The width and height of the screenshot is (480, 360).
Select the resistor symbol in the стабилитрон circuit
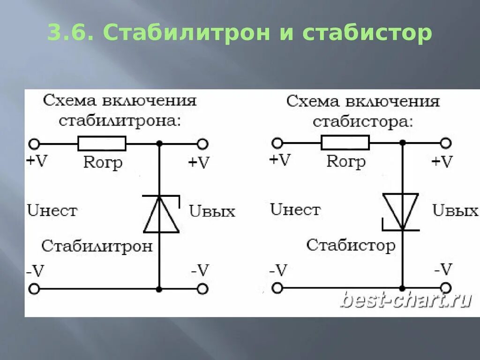pos(102,143)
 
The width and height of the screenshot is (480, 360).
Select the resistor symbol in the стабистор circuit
pos(345,142)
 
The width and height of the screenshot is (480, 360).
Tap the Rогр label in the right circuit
pos(346,161)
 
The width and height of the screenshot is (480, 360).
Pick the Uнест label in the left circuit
pos(52,210)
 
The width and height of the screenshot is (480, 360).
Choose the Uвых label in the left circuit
pos(212,211)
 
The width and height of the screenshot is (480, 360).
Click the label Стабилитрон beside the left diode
pos(97,246)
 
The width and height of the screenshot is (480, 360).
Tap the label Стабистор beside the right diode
pos(351,245)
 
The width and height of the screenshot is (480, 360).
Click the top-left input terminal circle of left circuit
pos(34,143)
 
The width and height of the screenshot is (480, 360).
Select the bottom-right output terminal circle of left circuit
pos(202,289)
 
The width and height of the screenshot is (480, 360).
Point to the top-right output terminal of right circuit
pos(446,142)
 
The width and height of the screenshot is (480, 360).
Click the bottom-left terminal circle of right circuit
pos(277,288)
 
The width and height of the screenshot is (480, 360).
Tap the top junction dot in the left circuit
pos(159,143)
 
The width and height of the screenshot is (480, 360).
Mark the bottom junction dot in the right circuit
pos(402,288)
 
